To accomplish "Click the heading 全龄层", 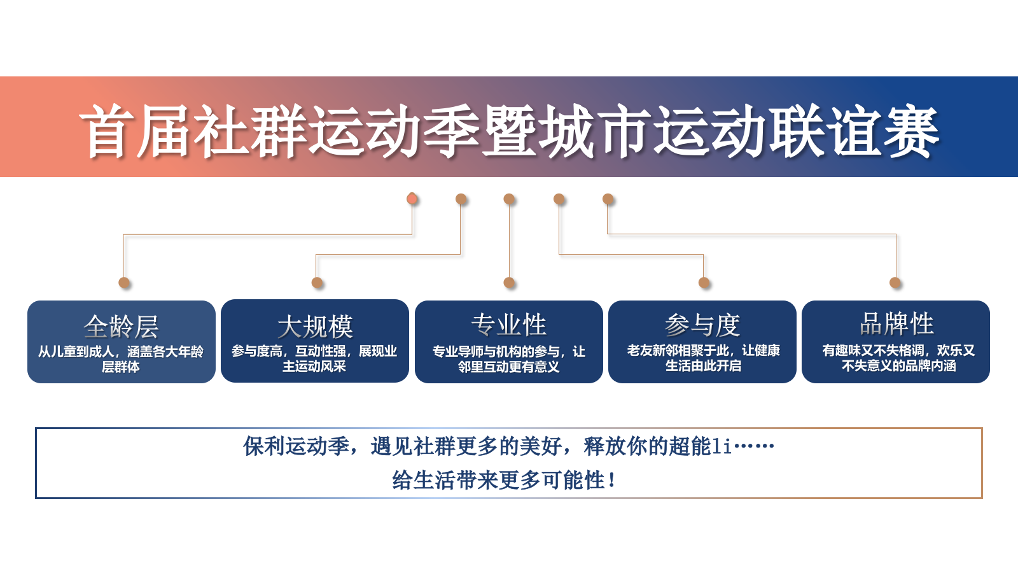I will pyautogui.click(x=121, y=327).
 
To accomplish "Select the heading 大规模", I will pyautogui.click(x=315, y=327).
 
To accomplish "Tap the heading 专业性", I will pyautogui.click(x=509, y=325).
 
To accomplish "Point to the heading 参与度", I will pyautogui.click(x=702, y=325).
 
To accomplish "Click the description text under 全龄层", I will pyautogui.click(x=121, y=359).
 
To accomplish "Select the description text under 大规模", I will pyautogui.click(x=314, y=358).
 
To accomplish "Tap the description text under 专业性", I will pyautogui.click(x=509, y=359).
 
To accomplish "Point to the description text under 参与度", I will pyautogui.click(x=703, y=358).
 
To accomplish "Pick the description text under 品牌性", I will pyautogui.click(x=898, y=358).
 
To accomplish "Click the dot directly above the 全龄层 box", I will pyautogui.click(x=124, y=283).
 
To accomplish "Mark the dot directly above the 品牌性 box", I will pyautogui.click(x=895, y=283).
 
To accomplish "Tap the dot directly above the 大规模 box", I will pyautogui.click(x=317, y=283).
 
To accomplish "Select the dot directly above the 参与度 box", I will pyautogui.click(x=704, y=283).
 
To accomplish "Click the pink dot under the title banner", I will pyautogui.click(x=412, y=199).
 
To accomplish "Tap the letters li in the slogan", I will pyautogui.click(x=722, y=446).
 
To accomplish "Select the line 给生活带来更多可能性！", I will pyautogui.click(x=504, y=480).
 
